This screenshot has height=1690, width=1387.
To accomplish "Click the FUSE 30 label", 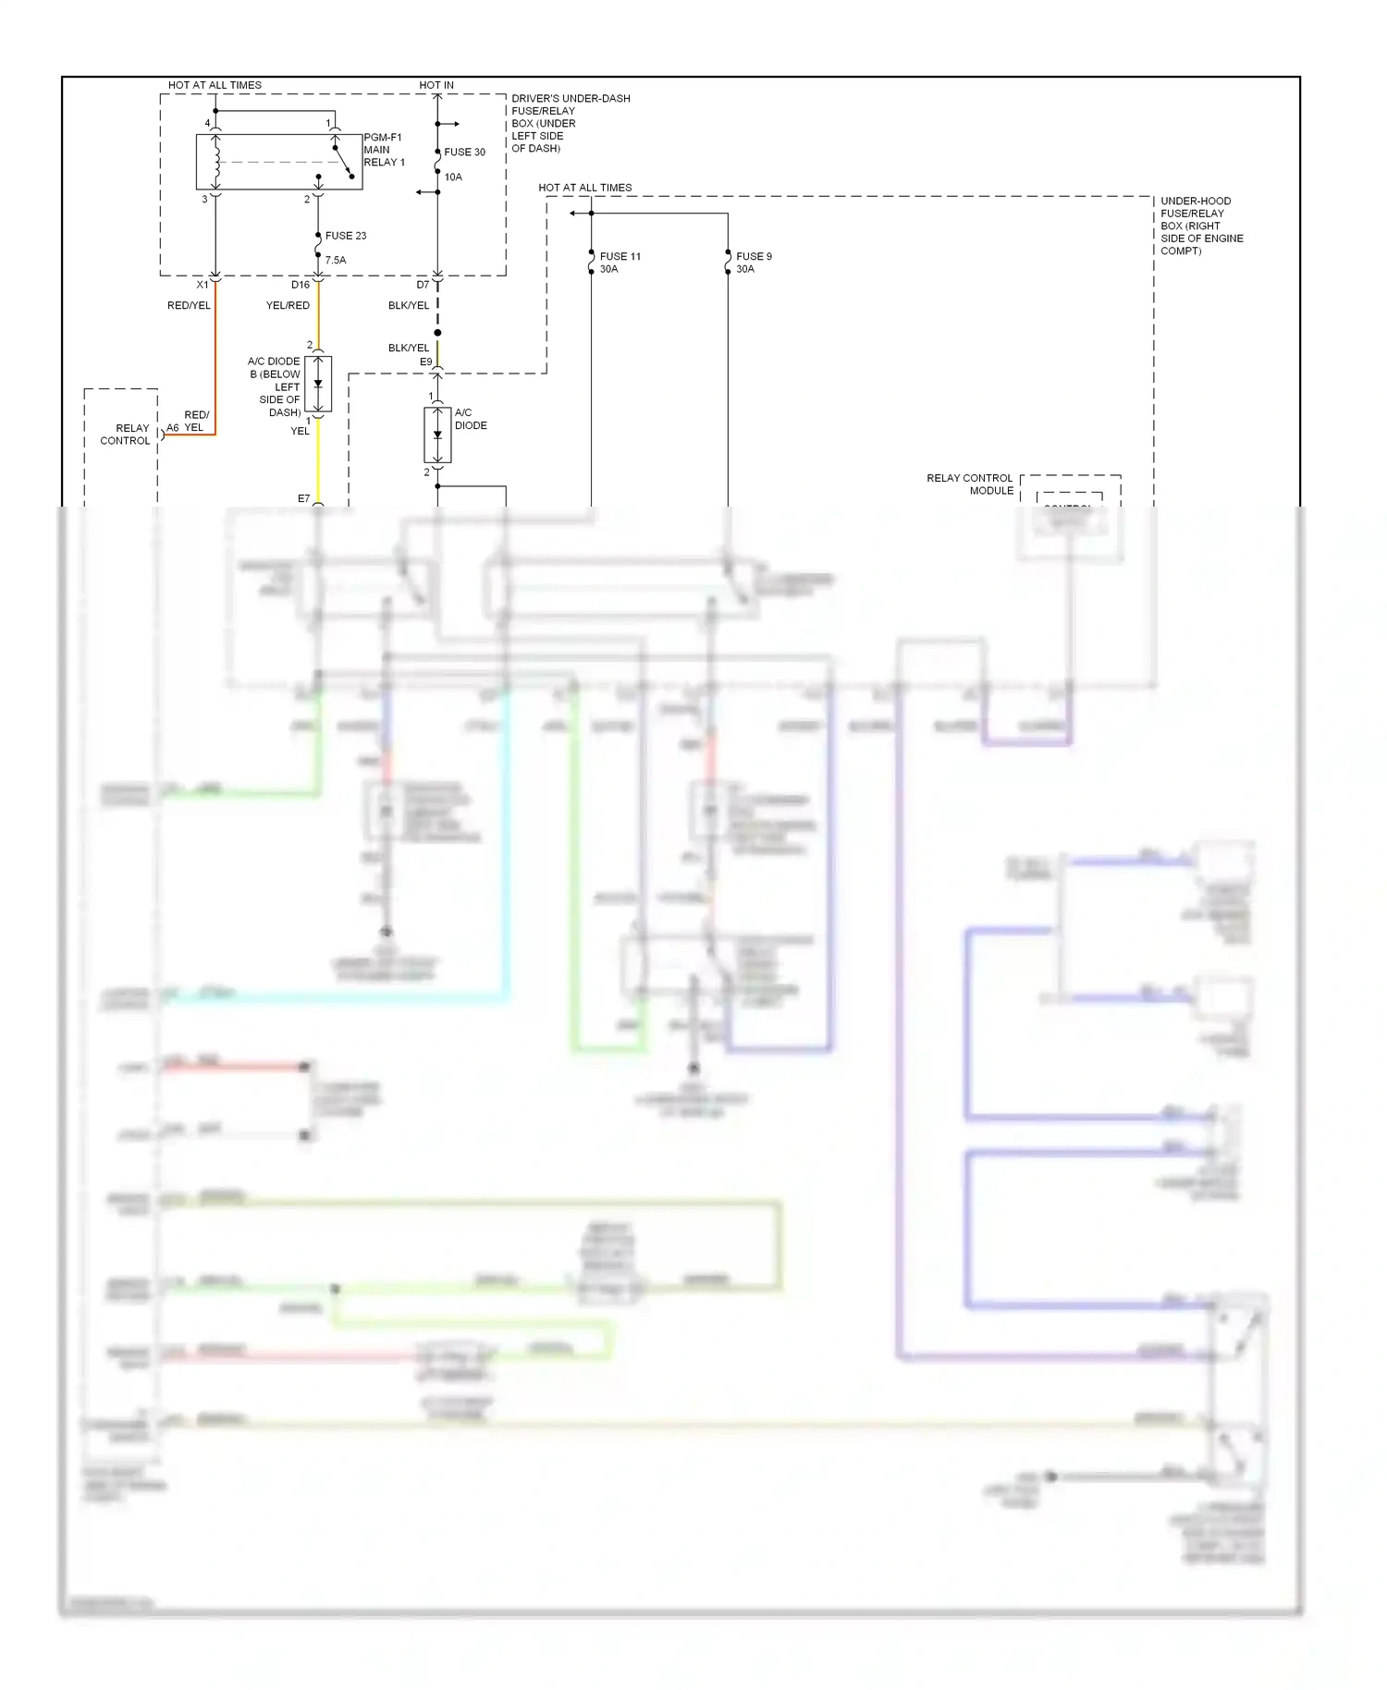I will point(464,153).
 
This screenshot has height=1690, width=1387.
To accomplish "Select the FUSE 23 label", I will point(346,236).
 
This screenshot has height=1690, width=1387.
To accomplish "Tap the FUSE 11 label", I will point(620,256).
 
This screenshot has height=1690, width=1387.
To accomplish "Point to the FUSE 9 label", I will point(754,256).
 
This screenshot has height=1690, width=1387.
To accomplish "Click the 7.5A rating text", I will point(336,261).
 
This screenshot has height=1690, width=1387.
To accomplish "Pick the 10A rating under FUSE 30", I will point(453,178).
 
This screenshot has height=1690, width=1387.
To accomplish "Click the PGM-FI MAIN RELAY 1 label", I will point(384,150).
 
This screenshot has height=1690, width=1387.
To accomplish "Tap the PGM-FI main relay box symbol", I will point(278,163).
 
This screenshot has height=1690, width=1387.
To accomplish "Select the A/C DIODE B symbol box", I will point(318,384).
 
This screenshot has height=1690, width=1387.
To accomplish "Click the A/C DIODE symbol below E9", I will point(437,435).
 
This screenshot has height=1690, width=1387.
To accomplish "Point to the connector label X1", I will point(203,285).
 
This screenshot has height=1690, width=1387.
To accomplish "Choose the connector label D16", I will point(301,285).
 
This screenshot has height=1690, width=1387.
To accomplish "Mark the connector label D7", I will point(423,285).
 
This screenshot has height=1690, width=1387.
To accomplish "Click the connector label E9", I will point(426,362).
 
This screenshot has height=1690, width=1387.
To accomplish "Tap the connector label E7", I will point(303,499).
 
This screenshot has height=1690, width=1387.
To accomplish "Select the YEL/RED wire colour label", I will point(288,306).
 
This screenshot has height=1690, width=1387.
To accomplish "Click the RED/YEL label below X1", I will point(189,306).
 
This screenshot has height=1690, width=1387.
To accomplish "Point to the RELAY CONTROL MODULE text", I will point(970,484).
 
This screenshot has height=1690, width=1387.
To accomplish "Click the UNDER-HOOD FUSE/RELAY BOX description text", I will point(1201,226).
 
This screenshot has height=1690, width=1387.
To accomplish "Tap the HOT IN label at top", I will point(436,85).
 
